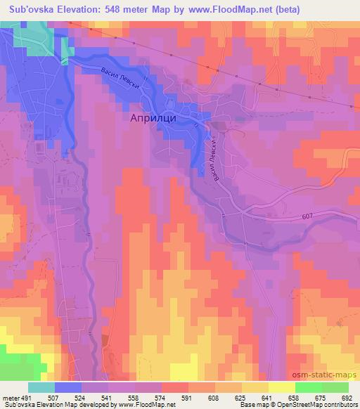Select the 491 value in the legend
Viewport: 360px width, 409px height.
click(x=27, y=396)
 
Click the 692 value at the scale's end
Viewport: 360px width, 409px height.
click(x=347, y=396)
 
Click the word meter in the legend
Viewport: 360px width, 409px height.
click(x=11, y=396)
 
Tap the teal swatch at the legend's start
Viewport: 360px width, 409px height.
click(x=41, y=387)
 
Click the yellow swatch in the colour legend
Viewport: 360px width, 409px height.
click(x=281, y=387)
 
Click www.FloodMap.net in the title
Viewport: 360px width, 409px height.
click(x=244, y=10)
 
